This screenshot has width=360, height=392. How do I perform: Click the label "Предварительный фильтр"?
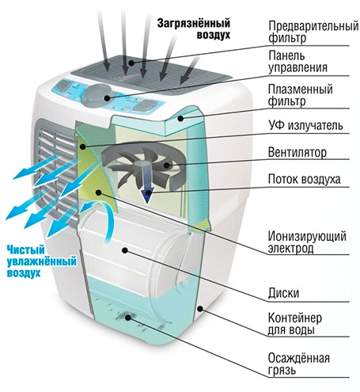tap(313, 32)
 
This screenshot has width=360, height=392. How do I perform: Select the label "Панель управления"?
tap(297, 62)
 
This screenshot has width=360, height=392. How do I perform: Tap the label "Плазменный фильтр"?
tap(300, 95)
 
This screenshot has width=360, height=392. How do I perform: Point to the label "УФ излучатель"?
tap(305, 125)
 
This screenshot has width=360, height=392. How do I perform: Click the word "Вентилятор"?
tap(297, 152)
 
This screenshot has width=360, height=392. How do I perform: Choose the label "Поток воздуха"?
tap(304, 179)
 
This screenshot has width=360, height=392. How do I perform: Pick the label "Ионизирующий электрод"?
tap(307, 242)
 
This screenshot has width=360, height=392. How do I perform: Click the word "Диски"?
tap(283, 293)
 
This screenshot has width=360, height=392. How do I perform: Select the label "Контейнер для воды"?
tap(295, 324)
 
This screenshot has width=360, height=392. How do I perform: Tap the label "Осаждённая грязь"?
tap(299, 364)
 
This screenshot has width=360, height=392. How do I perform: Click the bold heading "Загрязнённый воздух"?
tap(194, 29)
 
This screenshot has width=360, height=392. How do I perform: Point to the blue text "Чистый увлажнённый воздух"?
tap(41, 261)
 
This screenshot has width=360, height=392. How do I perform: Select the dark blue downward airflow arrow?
tap(147, 184)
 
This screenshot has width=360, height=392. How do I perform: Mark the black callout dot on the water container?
tap(201, 308)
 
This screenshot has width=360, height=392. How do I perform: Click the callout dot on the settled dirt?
tap(128, 318)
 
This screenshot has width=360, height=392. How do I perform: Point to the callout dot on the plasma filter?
tap(180, 119)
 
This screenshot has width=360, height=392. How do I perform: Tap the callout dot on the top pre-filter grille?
tap(131, 63)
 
